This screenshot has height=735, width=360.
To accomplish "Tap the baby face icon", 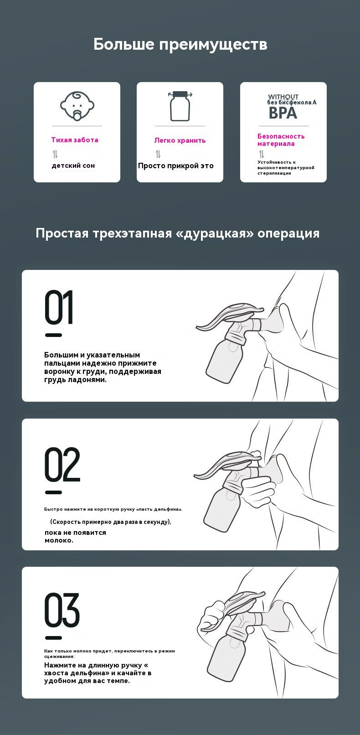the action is pyautogui.click(x=77, y=105).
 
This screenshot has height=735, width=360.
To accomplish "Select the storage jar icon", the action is pyautogui.click(x=180, y=106).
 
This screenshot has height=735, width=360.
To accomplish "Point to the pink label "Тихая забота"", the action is pyautogui.click(x=75, y=140).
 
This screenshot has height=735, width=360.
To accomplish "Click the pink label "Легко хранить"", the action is pyautogui.click(x=180, y=140).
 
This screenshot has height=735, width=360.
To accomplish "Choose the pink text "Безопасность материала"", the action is pyautogui.click(x=281, y=140).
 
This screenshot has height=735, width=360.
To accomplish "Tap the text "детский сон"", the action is pyautogui.click(x=73, y=166).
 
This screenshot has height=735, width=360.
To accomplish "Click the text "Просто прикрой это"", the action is pyautogui.click(x=176, y=166).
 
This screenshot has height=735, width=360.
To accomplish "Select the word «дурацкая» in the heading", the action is pyautogui.click(x=215, y=233).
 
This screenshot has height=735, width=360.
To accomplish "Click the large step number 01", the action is pyautogui.click(x=59, y=307).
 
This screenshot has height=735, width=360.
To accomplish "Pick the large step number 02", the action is pyautogui.click(x=62, y=464).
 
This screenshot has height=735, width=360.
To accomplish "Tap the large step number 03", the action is pyautogui.click(x=62, y=610).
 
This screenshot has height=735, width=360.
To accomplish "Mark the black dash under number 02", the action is pyautogui.click(x=53, y=492).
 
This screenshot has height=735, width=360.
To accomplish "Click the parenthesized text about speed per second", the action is pyautogui.click(x=111, y=522).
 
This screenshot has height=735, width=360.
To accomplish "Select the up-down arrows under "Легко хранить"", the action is pyautogui.click(x=158, y=154).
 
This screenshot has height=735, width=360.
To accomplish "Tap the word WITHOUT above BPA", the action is pyautogui.click(x=283, y=97).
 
